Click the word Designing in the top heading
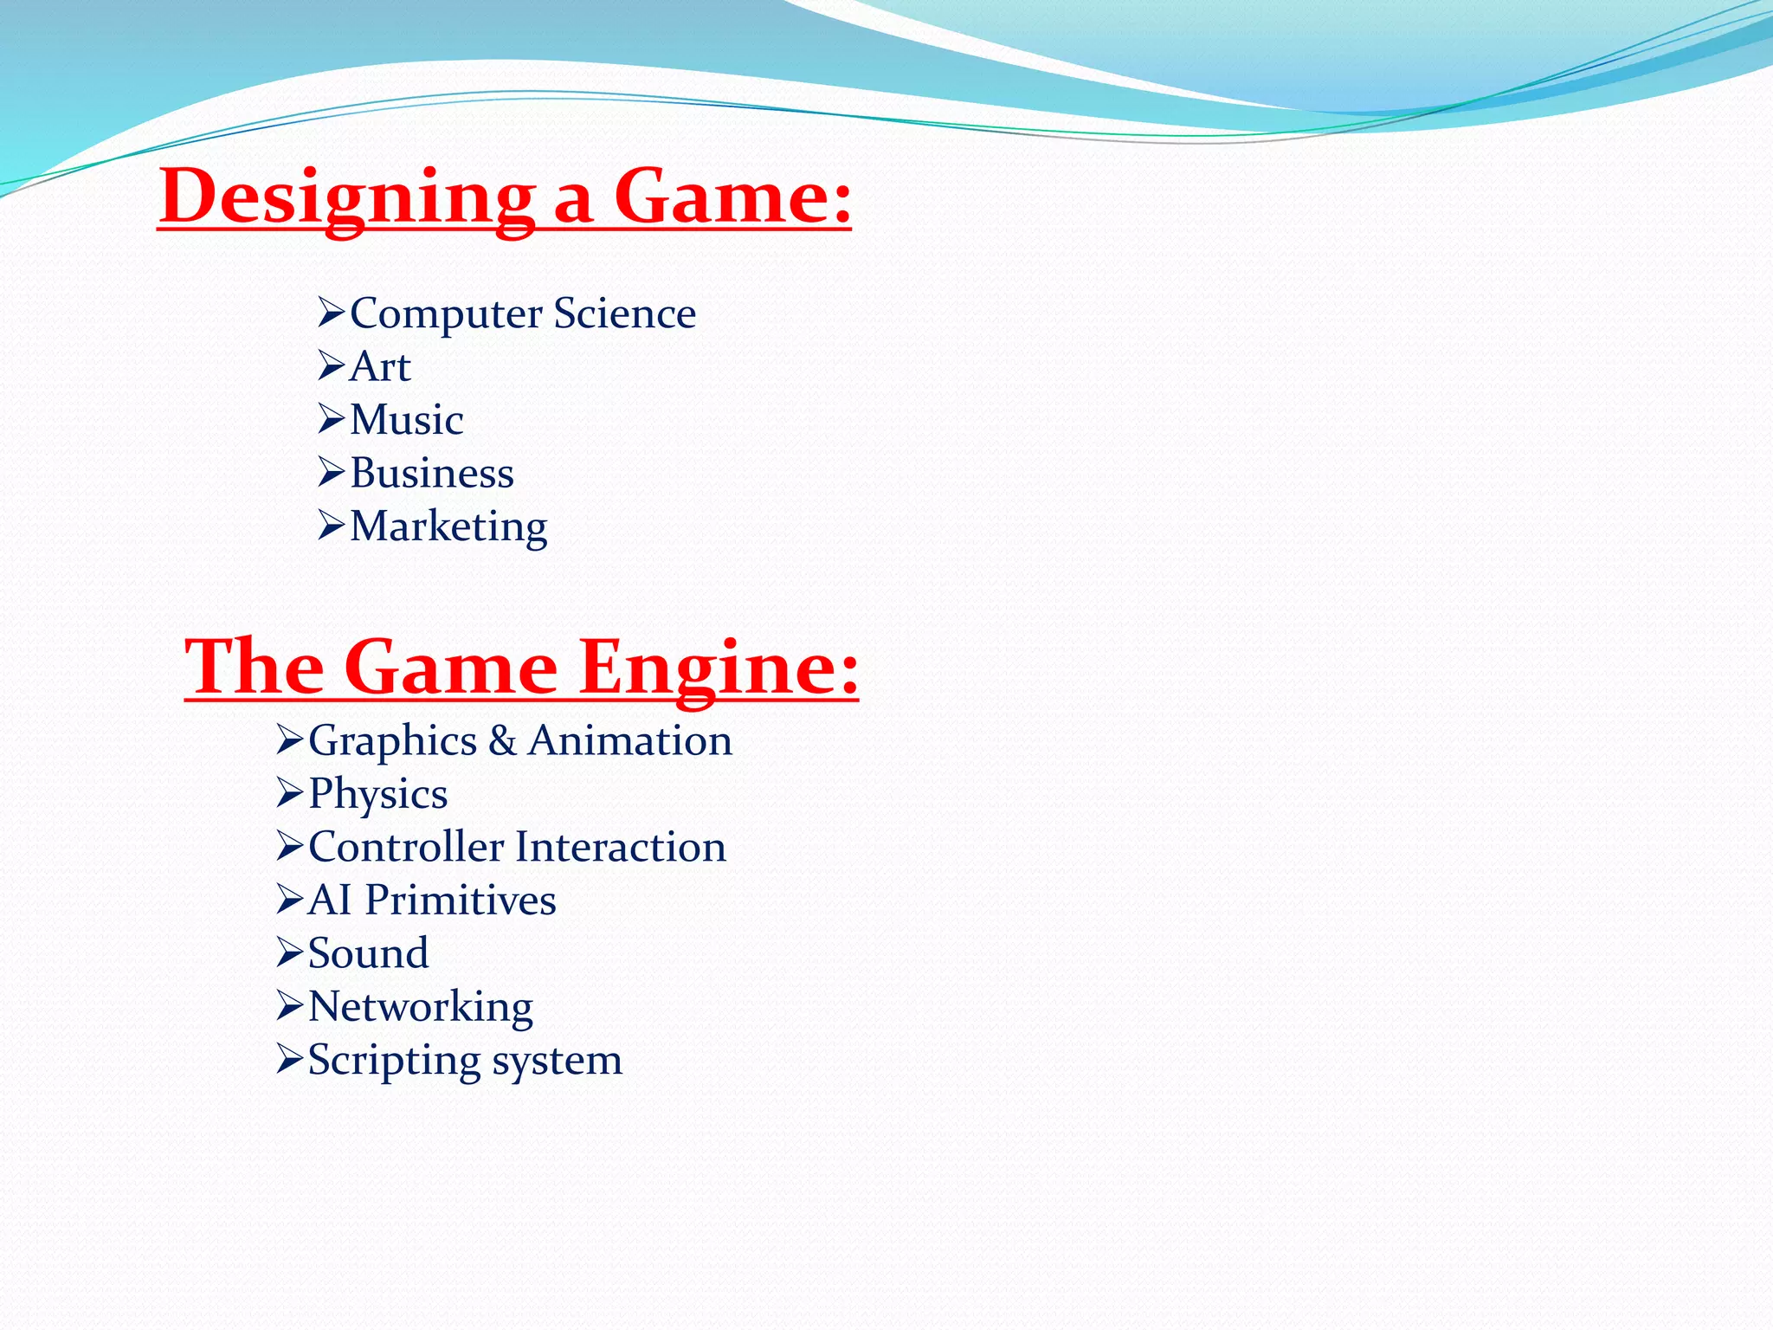pyautogui.click(x=346, y=197)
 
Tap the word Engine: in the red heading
pyautogui.click(x=719, y=668)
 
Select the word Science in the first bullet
pyautogui.click(x=624, y=313)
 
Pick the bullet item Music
pyautogui.click(x=406, y=420)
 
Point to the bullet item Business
pyautogui.click(x=431, y=474)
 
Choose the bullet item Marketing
pyautogui.click(x=448, y=526)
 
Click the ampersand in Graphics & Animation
pyautogui.click(x=502, y=741)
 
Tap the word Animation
pyautogui.click(x=630, y=741)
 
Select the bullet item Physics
pyautogui.click(x=377, y=794)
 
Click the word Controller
pyautogui.click(x=406, y=847)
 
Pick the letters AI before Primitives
pyautogui.click(x=330, y=901)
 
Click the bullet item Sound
pyautogui.click(x=368, y=953)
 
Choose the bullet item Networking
pyautogui.click(x=420, y=1007)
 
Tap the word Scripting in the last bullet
pyautogui.click(x=394, y=1061)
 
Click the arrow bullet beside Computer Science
pyautogui.click(x=331, y=313)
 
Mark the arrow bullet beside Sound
pyautogui.click(x=289, y=952)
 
